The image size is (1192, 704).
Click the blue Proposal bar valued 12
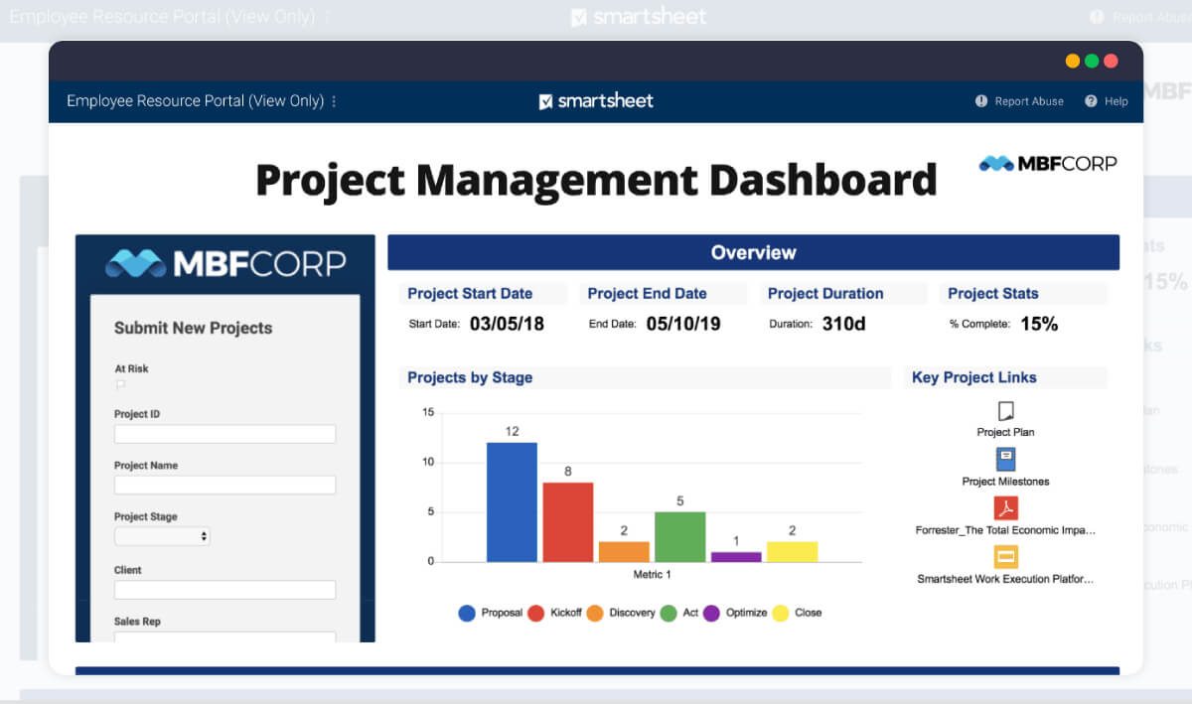pyautogui.click(x=512, y=501)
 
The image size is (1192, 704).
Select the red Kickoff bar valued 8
pyautogui.click(x=567, y=522)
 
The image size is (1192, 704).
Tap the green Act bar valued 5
pyautogui.click(x=679, y=536)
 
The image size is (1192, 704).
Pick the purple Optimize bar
pyautogui.click(x=736, y=557)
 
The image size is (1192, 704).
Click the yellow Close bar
pyautogui.click(x=792, y=552)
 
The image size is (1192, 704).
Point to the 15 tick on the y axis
pyautogui.click(x=428, y=412)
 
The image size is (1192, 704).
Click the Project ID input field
pyautogui.click(x=224, y=434)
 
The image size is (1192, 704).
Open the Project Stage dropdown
pyautogui.click(x=162, y=536)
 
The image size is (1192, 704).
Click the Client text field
pyautogui.click(x=224, y=590)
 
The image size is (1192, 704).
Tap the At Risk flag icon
pyautogui.click(x=120, y=384)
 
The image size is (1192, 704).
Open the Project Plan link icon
pyautogui.click(x=1005, y=411)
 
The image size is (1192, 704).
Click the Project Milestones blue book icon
pyautogui.click(x=1005, y=460)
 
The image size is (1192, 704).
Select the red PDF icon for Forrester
pyautogui.click(x=1005, y=508)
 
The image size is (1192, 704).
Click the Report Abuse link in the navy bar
pyautogui.click(x=1020, y=101)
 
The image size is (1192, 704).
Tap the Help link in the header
pyautogui.click(x=1107, y=101)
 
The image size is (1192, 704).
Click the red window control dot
pyautogui.click(x=1111, y=61)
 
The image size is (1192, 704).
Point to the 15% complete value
pyautogui.click(x=1038, y=324)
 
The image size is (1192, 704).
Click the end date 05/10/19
pyautogui.click(x=682, y=324)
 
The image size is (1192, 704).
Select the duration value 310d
pyautogui.click(x=843, y=324)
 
